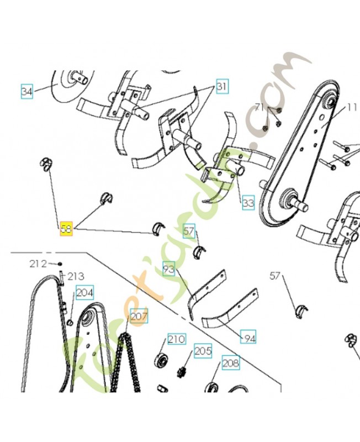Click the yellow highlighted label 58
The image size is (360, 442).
click(x=66, y=229)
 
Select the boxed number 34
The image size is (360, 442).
click(x=27, y=91)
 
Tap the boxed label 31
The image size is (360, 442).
click(x=221, y=86)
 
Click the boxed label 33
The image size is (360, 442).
click(x=248, y=203)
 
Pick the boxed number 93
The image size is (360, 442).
click(x=169, y=270)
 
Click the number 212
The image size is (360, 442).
click(x=38, y=264)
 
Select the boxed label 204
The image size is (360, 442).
click(x=84, y=292)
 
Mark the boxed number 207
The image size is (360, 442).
click(x=139, y=317)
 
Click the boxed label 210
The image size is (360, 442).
click(x=176, y=339)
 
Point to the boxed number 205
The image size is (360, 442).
click(x=203, y=351)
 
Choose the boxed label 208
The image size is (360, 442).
click(x=230, y=362)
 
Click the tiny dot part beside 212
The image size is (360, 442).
click(x=60, y=264)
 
